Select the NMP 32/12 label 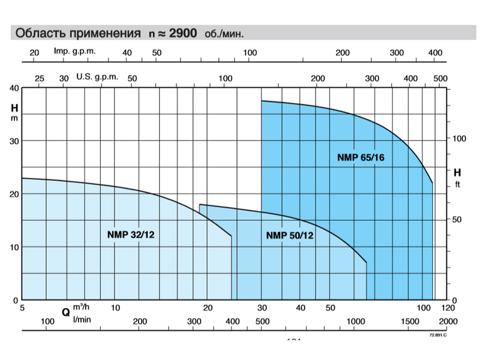pos(131,235)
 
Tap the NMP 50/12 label pos(289,235)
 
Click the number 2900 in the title pos(184,33)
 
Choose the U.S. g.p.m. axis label pos(97,77)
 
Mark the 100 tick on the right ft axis pos(458,139)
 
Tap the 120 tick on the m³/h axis pos(448,308)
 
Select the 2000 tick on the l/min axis pos(448,322)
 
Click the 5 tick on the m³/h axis pos(22,308)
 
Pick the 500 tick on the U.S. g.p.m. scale pos(440,79)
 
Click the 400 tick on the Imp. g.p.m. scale pos(435,53)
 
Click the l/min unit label pos(82,319)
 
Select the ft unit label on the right pos(457,184)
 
